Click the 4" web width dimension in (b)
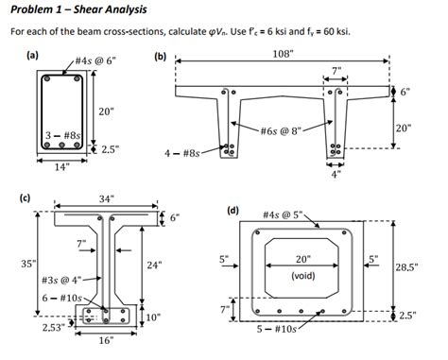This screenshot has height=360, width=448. tap(335, 173)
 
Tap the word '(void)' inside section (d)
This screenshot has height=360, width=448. tap(303, 277)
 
